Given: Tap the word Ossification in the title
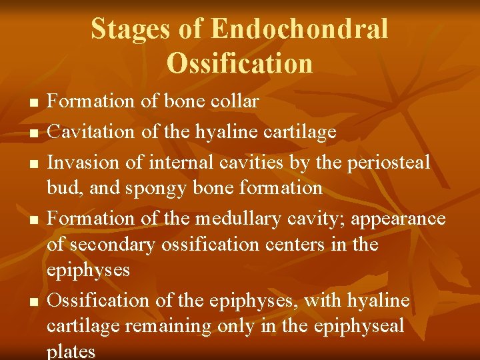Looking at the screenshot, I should click(x=239, y=63).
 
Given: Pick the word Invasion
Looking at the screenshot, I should click(x=83, y=162).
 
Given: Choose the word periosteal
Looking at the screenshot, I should click(x=387, y=162).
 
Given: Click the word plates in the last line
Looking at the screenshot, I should click(x=71, y=352).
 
